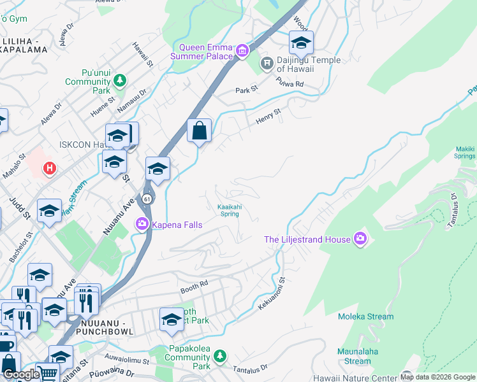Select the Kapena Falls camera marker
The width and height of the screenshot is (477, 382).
coord(142,224)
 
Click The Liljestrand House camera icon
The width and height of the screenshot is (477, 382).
coord(360,239)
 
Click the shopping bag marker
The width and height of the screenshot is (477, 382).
coord(200,131)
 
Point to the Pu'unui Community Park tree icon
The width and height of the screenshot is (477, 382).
coord(119,81)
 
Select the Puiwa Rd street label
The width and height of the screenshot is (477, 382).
coord(290,82)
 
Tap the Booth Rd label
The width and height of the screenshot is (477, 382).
coord(195,284)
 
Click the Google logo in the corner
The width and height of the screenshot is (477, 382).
coord(20,374)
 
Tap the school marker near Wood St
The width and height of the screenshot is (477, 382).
coord(301,43)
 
